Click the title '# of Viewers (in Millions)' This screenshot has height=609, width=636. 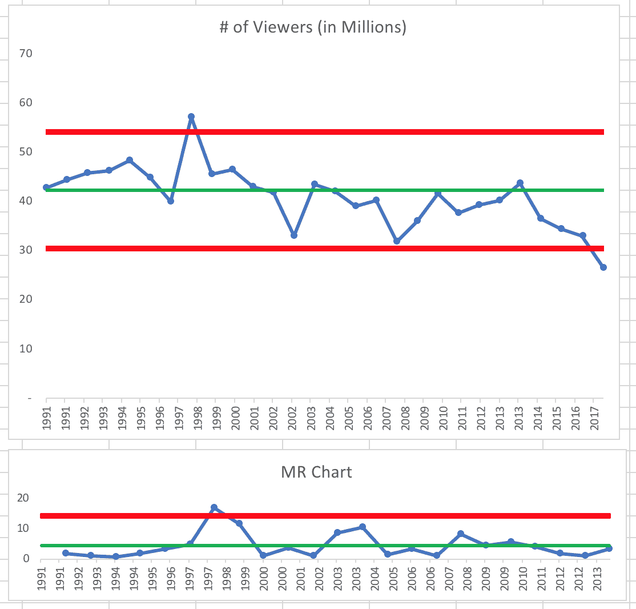point(313,28)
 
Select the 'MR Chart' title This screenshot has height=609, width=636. point(316,472)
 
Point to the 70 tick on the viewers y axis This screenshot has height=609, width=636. point(26,54)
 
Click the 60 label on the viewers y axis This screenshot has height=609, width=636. point(26,103)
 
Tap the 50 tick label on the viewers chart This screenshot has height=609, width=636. point(26,152)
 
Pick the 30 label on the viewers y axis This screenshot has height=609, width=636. point(26,250)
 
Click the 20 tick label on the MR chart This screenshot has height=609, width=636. point(23,498)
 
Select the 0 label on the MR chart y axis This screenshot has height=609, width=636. point(26,559)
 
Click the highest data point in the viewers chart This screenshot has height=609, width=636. point(191,117)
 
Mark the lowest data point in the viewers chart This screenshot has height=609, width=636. point(603,267)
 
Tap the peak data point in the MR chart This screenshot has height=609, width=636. point(214,507)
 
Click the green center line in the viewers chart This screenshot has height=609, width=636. point(343,190)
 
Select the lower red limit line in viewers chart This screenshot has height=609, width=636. point(343,249)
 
